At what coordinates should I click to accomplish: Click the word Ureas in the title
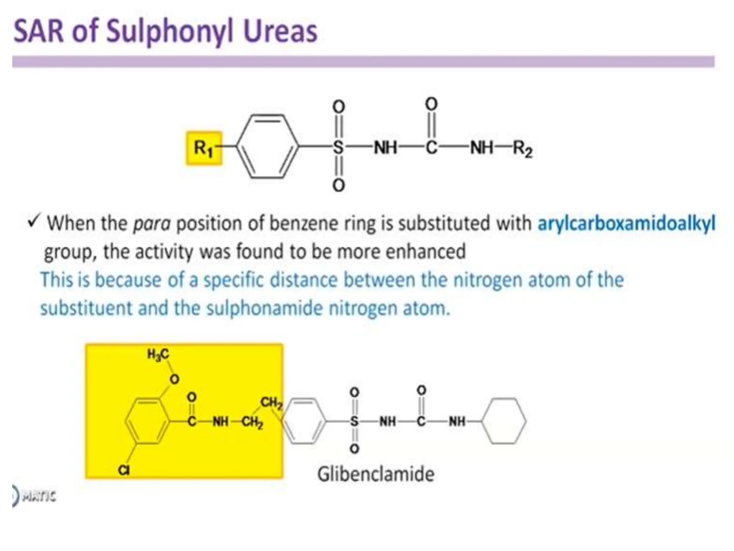(x=280, y=32)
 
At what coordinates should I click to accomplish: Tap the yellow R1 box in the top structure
(x=204, y=148)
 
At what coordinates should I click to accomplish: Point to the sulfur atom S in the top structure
(x=338, y=147)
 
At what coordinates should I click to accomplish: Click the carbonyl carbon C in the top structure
(x=431, y=147)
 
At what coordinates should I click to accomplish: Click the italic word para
(x=152, y=224)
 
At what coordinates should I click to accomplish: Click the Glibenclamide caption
(x=376, y=474)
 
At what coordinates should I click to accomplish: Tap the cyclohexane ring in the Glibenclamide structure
(x=504, y=421)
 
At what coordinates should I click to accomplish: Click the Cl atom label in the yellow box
(x=124, y=470)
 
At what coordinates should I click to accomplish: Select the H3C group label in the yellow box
(x=158, y=355)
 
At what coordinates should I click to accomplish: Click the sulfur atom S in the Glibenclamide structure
(x=354, y=421)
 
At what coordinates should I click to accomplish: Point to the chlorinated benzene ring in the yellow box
(x=147, y=421)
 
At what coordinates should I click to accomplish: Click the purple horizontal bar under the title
(x=363, y=62)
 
